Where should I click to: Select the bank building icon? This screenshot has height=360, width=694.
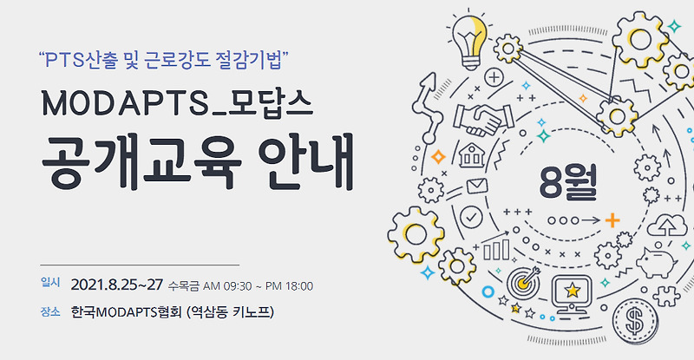[471, 158]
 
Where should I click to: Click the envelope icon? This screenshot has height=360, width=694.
[475, 186]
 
